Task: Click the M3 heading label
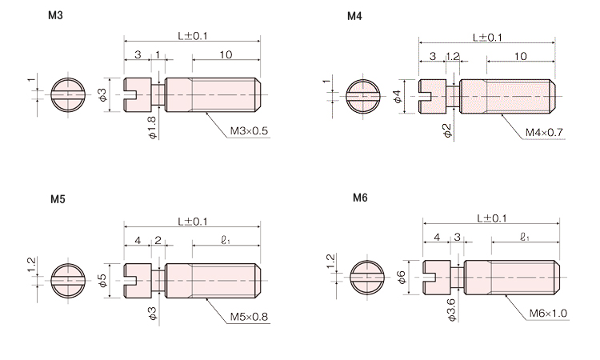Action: pyautogui.click(x=55, y=15)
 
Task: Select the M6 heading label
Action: pyautogui.click(x=360, y=198)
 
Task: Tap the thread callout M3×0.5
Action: pyautogui.click(x=249, y=131)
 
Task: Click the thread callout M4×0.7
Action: pyautogui.click(x=544, y=132)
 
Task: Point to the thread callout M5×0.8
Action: pyautogui.click(x=249, y=317)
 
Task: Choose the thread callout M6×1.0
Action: pyautogui.click(x=548, y=314)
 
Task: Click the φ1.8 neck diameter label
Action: pyautogui.click(x=152, y=128)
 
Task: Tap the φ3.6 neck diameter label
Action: pyautogui.click(x=451, y=310)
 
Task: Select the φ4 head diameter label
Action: pyautogui.click(x=398, y=97)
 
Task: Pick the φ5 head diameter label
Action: pyautogui.click(x=102, y=281)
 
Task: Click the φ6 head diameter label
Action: pyautogui.click(x=402, y=278)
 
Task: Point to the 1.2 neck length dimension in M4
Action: pyautogui.click(x=452, y=56)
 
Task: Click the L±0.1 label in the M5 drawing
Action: pyautogui.click(x=193, y=222)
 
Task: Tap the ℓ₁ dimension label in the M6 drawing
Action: pyautogui.click(x=525, y=237)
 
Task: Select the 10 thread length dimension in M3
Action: pyautogui.click(x=226, y=54)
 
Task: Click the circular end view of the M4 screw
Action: pyautogui.click(x=363, y=97)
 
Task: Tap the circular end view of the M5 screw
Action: pyautogui.click(x=69, y=281)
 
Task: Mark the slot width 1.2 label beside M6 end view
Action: pyautogui.click(x=331, y=262)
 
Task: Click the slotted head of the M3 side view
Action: pyautogui.click(x=138, y=95)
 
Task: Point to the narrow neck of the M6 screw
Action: pyautogui.click(x=457, y=278)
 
